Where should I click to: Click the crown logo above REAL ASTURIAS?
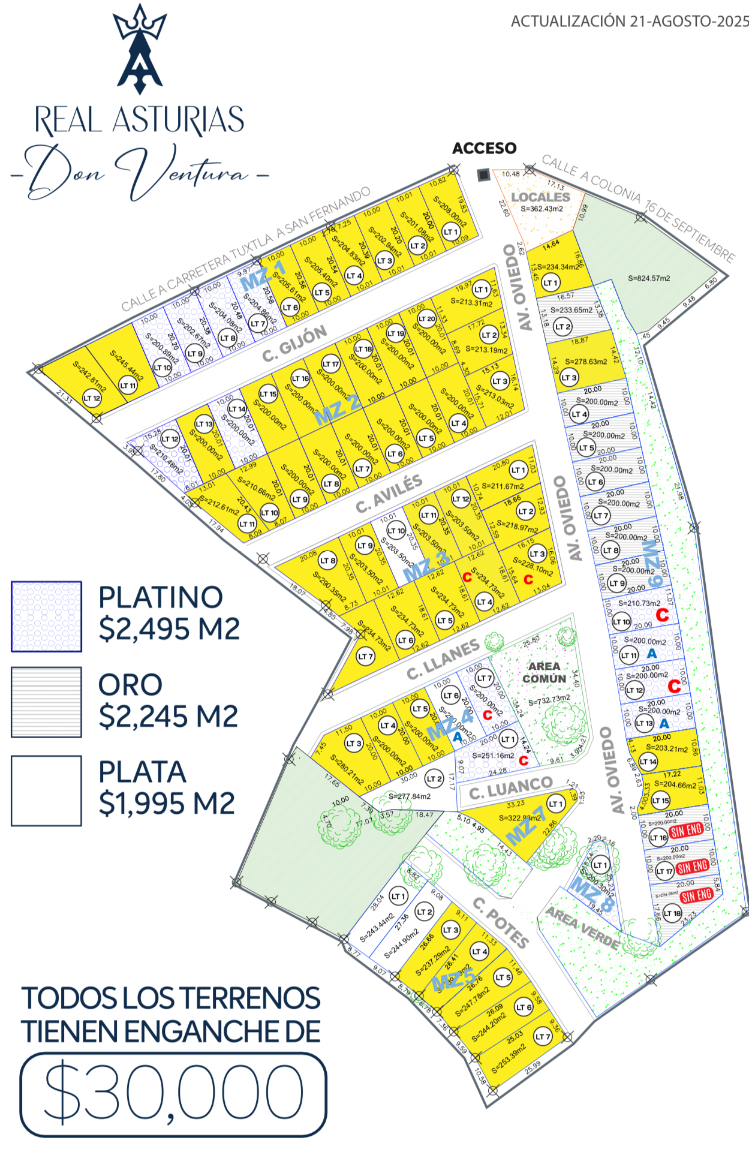tap(140, 48)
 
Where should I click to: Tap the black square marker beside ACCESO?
tap(483, 175)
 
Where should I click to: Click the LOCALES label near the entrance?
tap(540, 197)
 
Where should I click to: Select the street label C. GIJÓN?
tap(295, 344)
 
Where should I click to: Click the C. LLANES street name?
tap(444, 660)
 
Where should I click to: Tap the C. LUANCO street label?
tap(511, 789)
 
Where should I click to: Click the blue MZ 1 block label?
tap(262, 275)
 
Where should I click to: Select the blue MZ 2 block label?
tap(338, 409)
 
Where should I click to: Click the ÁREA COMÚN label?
tap(544, 672)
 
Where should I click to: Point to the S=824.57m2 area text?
tap(649, 278)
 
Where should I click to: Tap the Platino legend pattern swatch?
tap(46, 616)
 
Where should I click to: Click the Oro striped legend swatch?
tap(46, 702)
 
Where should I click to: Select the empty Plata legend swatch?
tap(46, 790)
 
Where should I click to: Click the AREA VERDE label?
tap(582, 928)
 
